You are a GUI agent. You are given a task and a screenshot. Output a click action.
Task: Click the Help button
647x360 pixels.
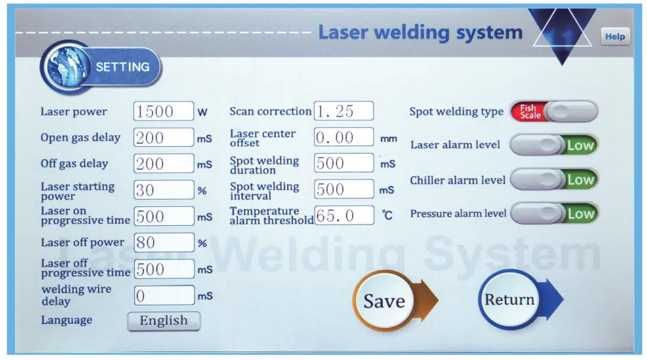(x=614, y=37)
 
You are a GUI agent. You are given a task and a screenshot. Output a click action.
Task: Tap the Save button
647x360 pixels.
(x=384, y=301)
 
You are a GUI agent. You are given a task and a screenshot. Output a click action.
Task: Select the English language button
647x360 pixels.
(x=164, y=321)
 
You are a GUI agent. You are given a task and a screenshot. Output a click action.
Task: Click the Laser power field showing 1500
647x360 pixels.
(x=164, y=111)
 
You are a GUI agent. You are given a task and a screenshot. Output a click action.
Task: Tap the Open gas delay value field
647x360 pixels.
(x=164, y=138)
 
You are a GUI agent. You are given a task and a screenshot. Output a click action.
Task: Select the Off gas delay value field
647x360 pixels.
(x=164, y=164)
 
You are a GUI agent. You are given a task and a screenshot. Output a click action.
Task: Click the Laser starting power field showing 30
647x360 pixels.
(x=164, y=190)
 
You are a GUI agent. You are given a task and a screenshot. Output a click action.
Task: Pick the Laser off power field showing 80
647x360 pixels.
(x=164, y=242)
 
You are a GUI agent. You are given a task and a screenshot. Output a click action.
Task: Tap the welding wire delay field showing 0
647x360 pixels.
(x=164, y=295)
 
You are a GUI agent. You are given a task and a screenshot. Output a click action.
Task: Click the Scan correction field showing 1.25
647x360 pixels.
(x=344, y=111)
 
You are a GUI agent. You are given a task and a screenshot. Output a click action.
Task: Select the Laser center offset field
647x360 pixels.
(x=344, y=138)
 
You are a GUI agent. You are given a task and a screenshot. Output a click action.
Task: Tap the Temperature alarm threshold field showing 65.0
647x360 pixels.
(x=344, y=216)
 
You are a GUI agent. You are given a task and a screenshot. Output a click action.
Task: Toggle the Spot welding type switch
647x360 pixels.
(x=554, y=111)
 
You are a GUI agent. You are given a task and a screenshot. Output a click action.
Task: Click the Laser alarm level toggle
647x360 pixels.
(x=554, y=145)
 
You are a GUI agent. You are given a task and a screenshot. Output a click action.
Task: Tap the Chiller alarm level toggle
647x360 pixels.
(x=554, y=180)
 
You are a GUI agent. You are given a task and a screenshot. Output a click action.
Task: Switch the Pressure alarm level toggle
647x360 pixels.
(x=554, y=213)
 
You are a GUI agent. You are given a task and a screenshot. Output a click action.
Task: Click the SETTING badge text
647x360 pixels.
(x=122, y=67)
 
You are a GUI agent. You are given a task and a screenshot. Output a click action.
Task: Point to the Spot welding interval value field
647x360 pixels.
(x=344, y=190)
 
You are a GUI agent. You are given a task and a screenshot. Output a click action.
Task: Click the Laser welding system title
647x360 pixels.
(x=420, y=32)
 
